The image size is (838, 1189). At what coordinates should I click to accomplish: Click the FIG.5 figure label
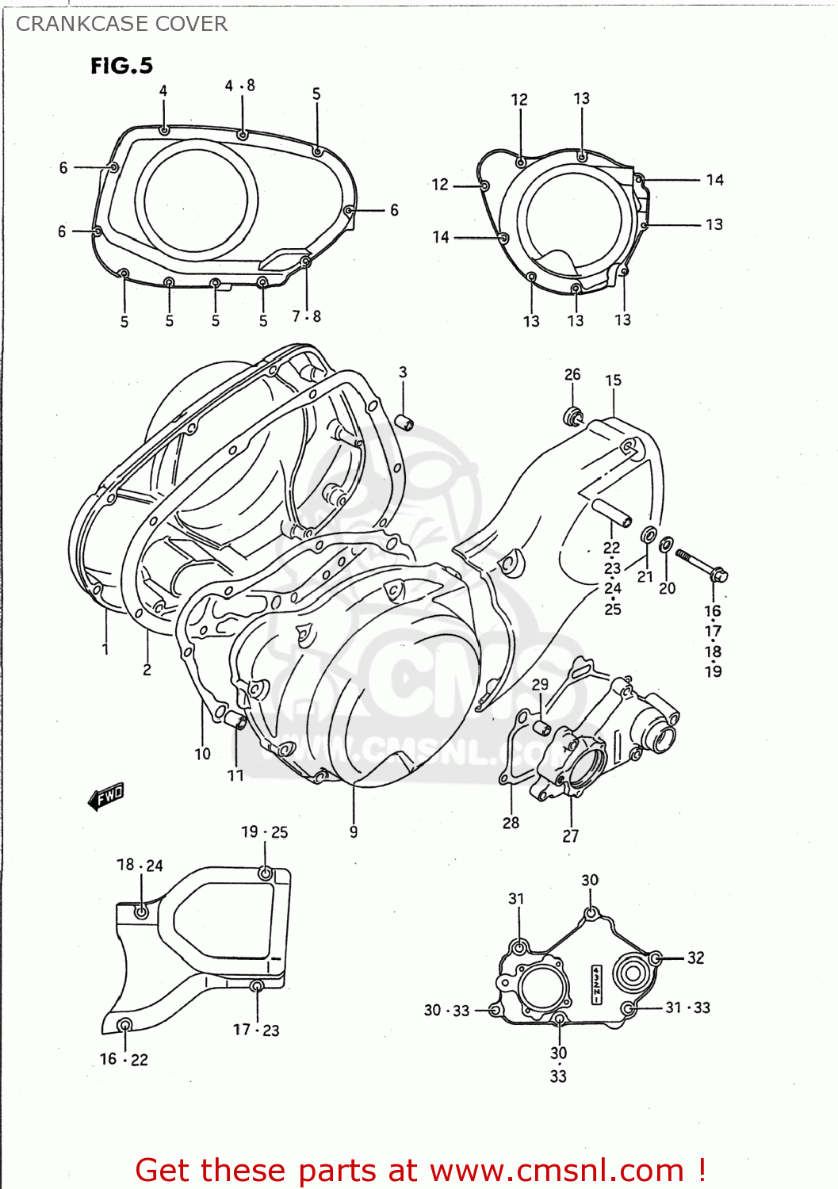coord(121,66)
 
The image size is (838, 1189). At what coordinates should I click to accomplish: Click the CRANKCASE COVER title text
coord(121,24)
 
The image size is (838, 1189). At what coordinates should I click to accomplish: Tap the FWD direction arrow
coord(106,796)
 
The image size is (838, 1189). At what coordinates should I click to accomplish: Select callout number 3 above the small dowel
coord(403,372)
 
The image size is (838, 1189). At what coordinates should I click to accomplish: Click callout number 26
coord(572,374)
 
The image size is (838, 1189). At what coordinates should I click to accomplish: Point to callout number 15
coord(614,380)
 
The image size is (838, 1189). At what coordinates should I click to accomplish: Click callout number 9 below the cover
coord(354,832)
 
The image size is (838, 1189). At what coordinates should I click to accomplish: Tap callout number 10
coord(203,754)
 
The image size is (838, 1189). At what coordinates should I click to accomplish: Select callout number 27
coord(571,835)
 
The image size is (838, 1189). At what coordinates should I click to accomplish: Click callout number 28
coord(511,823)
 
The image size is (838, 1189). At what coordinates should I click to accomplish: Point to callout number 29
coord(540,684)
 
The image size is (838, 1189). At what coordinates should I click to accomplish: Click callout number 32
coord(695,958)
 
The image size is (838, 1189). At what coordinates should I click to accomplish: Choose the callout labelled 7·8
coord(306,316)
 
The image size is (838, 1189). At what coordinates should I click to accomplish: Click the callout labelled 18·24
coord(140,865)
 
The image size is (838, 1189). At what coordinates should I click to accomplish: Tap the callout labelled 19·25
coord(265,832)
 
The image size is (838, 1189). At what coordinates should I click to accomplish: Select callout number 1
coord(105,649)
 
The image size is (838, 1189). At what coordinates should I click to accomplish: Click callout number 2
coord(147,670)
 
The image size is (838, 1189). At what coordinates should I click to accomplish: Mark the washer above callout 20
coord(667,545)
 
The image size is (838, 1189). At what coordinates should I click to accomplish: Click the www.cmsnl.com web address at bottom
coord(558,1170)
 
